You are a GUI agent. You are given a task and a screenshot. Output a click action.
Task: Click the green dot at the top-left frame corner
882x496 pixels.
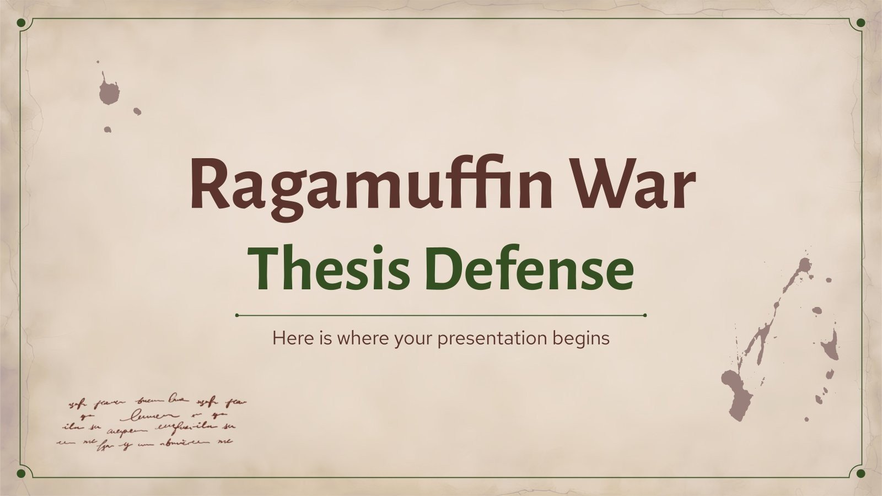pos(21,23)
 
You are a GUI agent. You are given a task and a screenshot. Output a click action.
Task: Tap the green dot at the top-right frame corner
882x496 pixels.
pos(861,23)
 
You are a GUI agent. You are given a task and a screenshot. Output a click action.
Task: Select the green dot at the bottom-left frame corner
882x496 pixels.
pos(21,473)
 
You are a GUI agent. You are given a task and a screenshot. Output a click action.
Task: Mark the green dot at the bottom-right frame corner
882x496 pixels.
pos(861,473)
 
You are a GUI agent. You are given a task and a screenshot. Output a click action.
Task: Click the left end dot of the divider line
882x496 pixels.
pos(237,316)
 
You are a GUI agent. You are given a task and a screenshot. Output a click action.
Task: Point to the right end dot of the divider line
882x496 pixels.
pos(644,316)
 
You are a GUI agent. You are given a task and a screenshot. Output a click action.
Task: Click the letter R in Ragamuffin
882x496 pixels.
pos(207,182)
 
